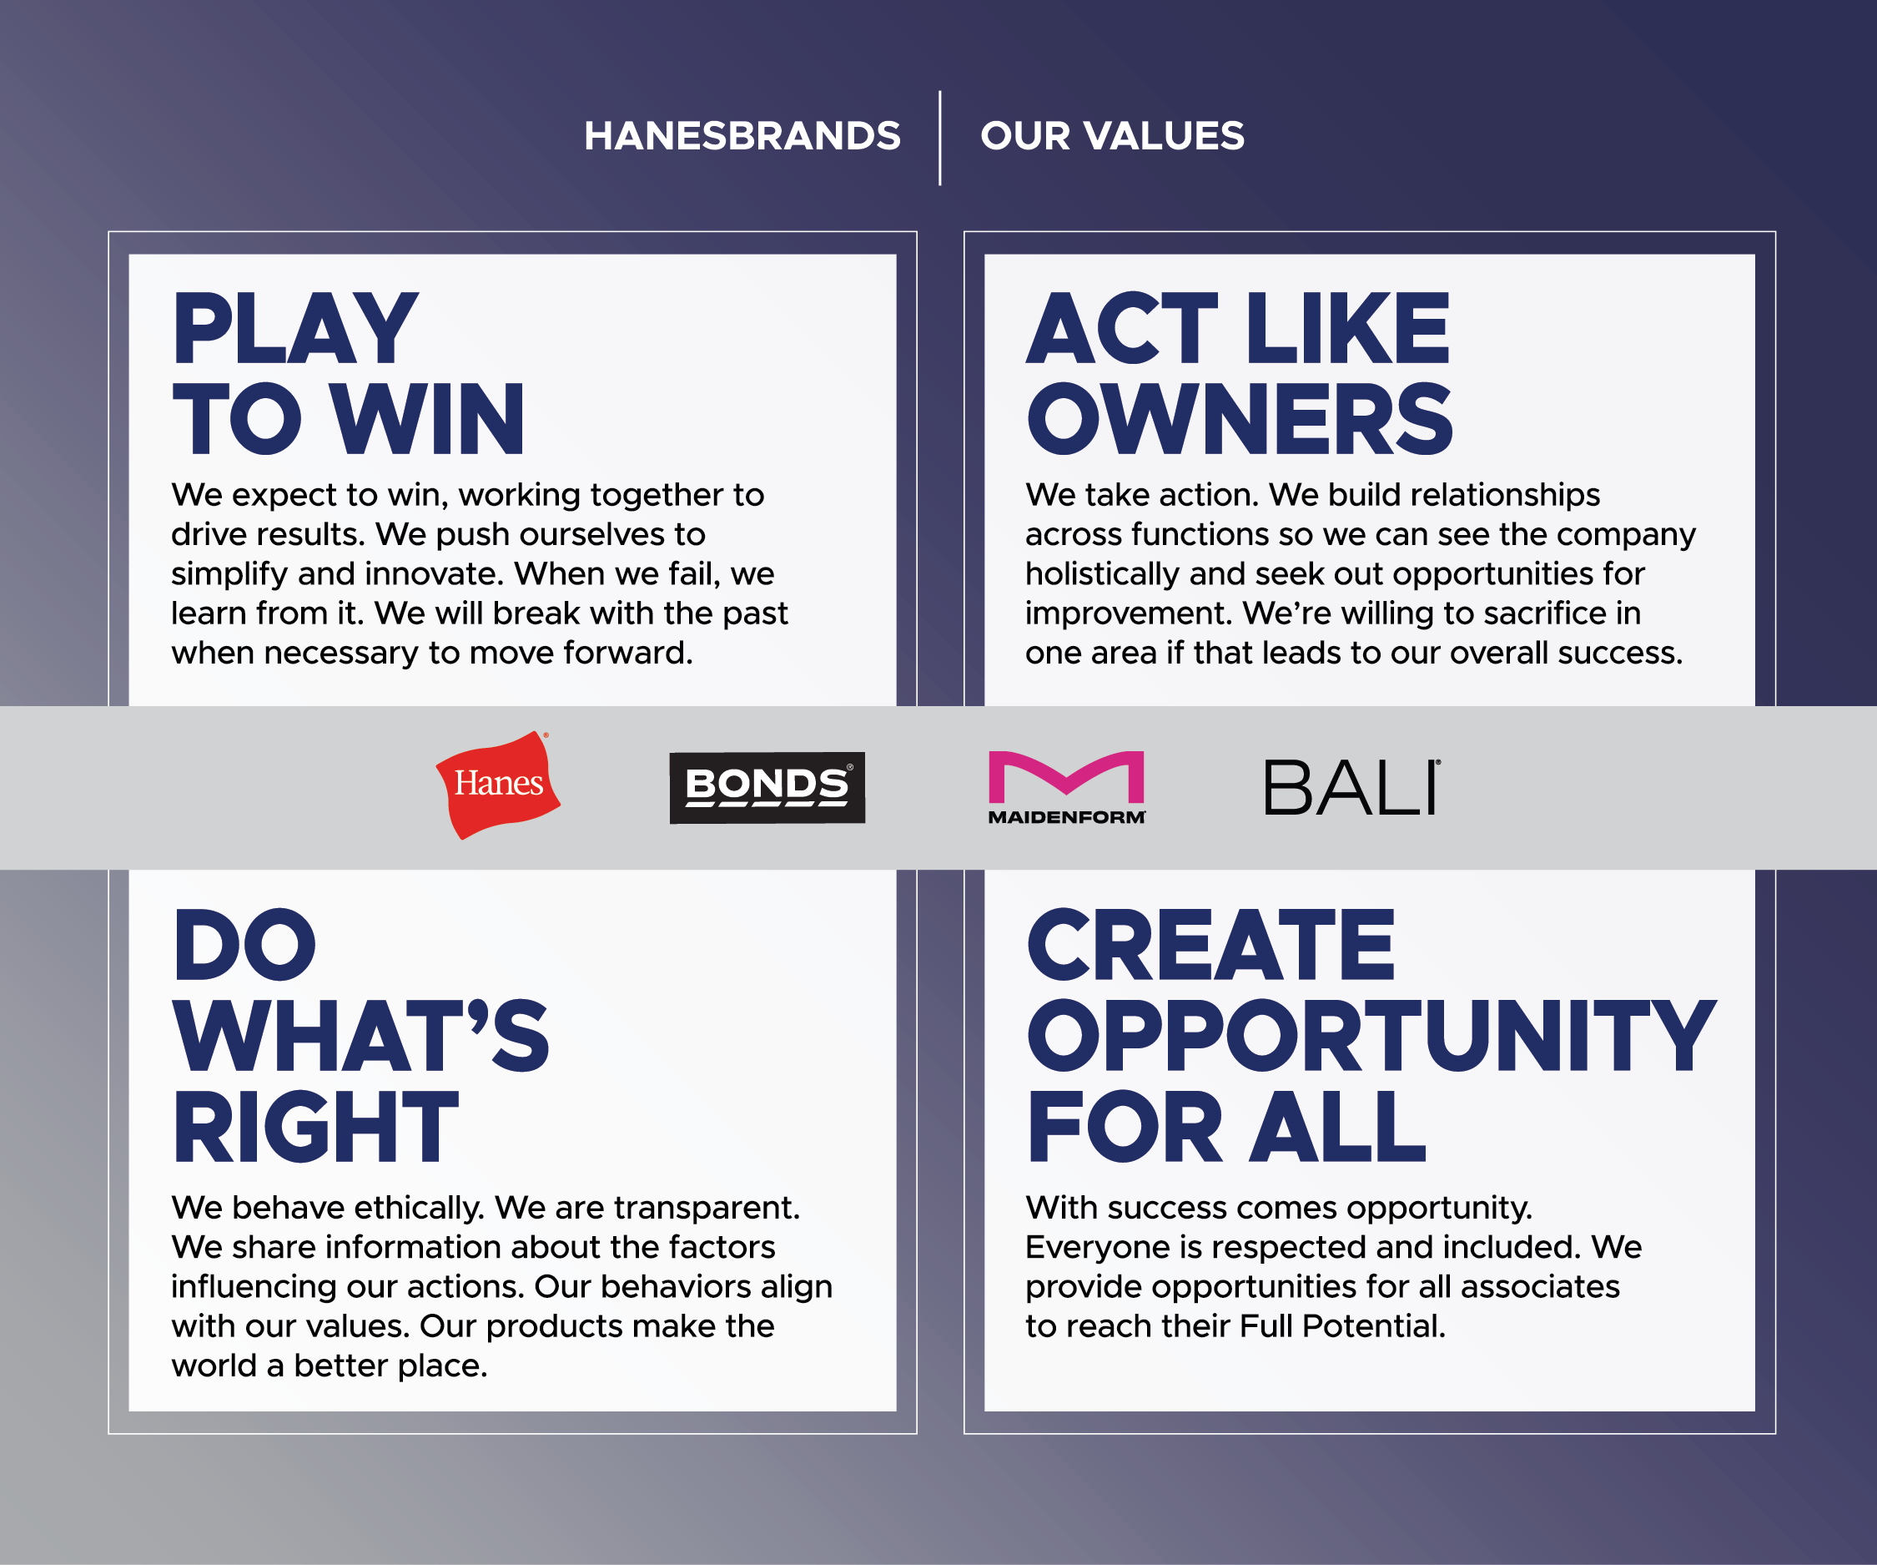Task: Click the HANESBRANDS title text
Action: click(742, 136)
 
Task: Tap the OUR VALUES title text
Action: click(1112, 136)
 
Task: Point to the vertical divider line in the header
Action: click(939, 138)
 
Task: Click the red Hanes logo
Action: click(498, 785)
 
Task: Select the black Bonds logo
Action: click(767, 787)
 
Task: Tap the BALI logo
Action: click(1351, 788)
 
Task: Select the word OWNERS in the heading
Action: click(1240, 418)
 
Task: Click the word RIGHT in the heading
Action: click(315, 1126)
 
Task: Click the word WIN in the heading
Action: click(427, 418)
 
